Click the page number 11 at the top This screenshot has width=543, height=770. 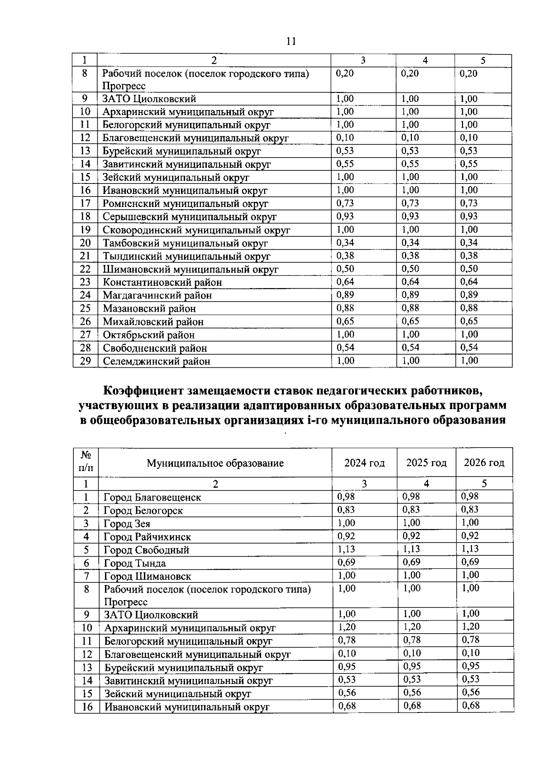tap(291, 42)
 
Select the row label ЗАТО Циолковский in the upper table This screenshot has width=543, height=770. tap(149, 99)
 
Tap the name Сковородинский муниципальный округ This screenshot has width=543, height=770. tap(196, 230)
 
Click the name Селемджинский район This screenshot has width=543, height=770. tap(157, 361)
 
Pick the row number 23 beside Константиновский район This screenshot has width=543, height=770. tap(85, 282)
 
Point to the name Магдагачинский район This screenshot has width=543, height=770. tap(157, 296)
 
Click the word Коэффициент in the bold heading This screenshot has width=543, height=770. tap(144, 390)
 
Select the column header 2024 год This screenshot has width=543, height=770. tap(364, 463)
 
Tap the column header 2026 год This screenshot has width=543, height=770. tap(484, 463)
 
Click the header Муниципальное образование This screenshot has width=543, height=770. tap(215, 463)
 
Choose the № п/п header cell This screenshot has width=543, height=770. tap(86, 462)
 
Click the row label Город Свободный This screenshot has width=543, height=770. tap(147, 550)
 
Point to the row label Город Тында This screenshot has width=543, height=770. tap(135, 563)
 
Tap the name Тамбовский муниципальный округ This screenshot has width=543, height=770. tap(186, 243)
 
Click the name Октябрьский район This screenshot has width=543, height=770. tap(149, 335)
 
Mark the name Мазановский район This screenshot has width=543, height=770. tap(149, 309)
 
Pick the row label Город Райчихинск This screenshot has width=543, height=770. tap(148, 537)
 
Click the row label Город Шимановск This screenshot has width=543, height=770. tap(148, 577)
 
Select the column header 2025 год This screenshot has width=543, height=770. tap(426, 463)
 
